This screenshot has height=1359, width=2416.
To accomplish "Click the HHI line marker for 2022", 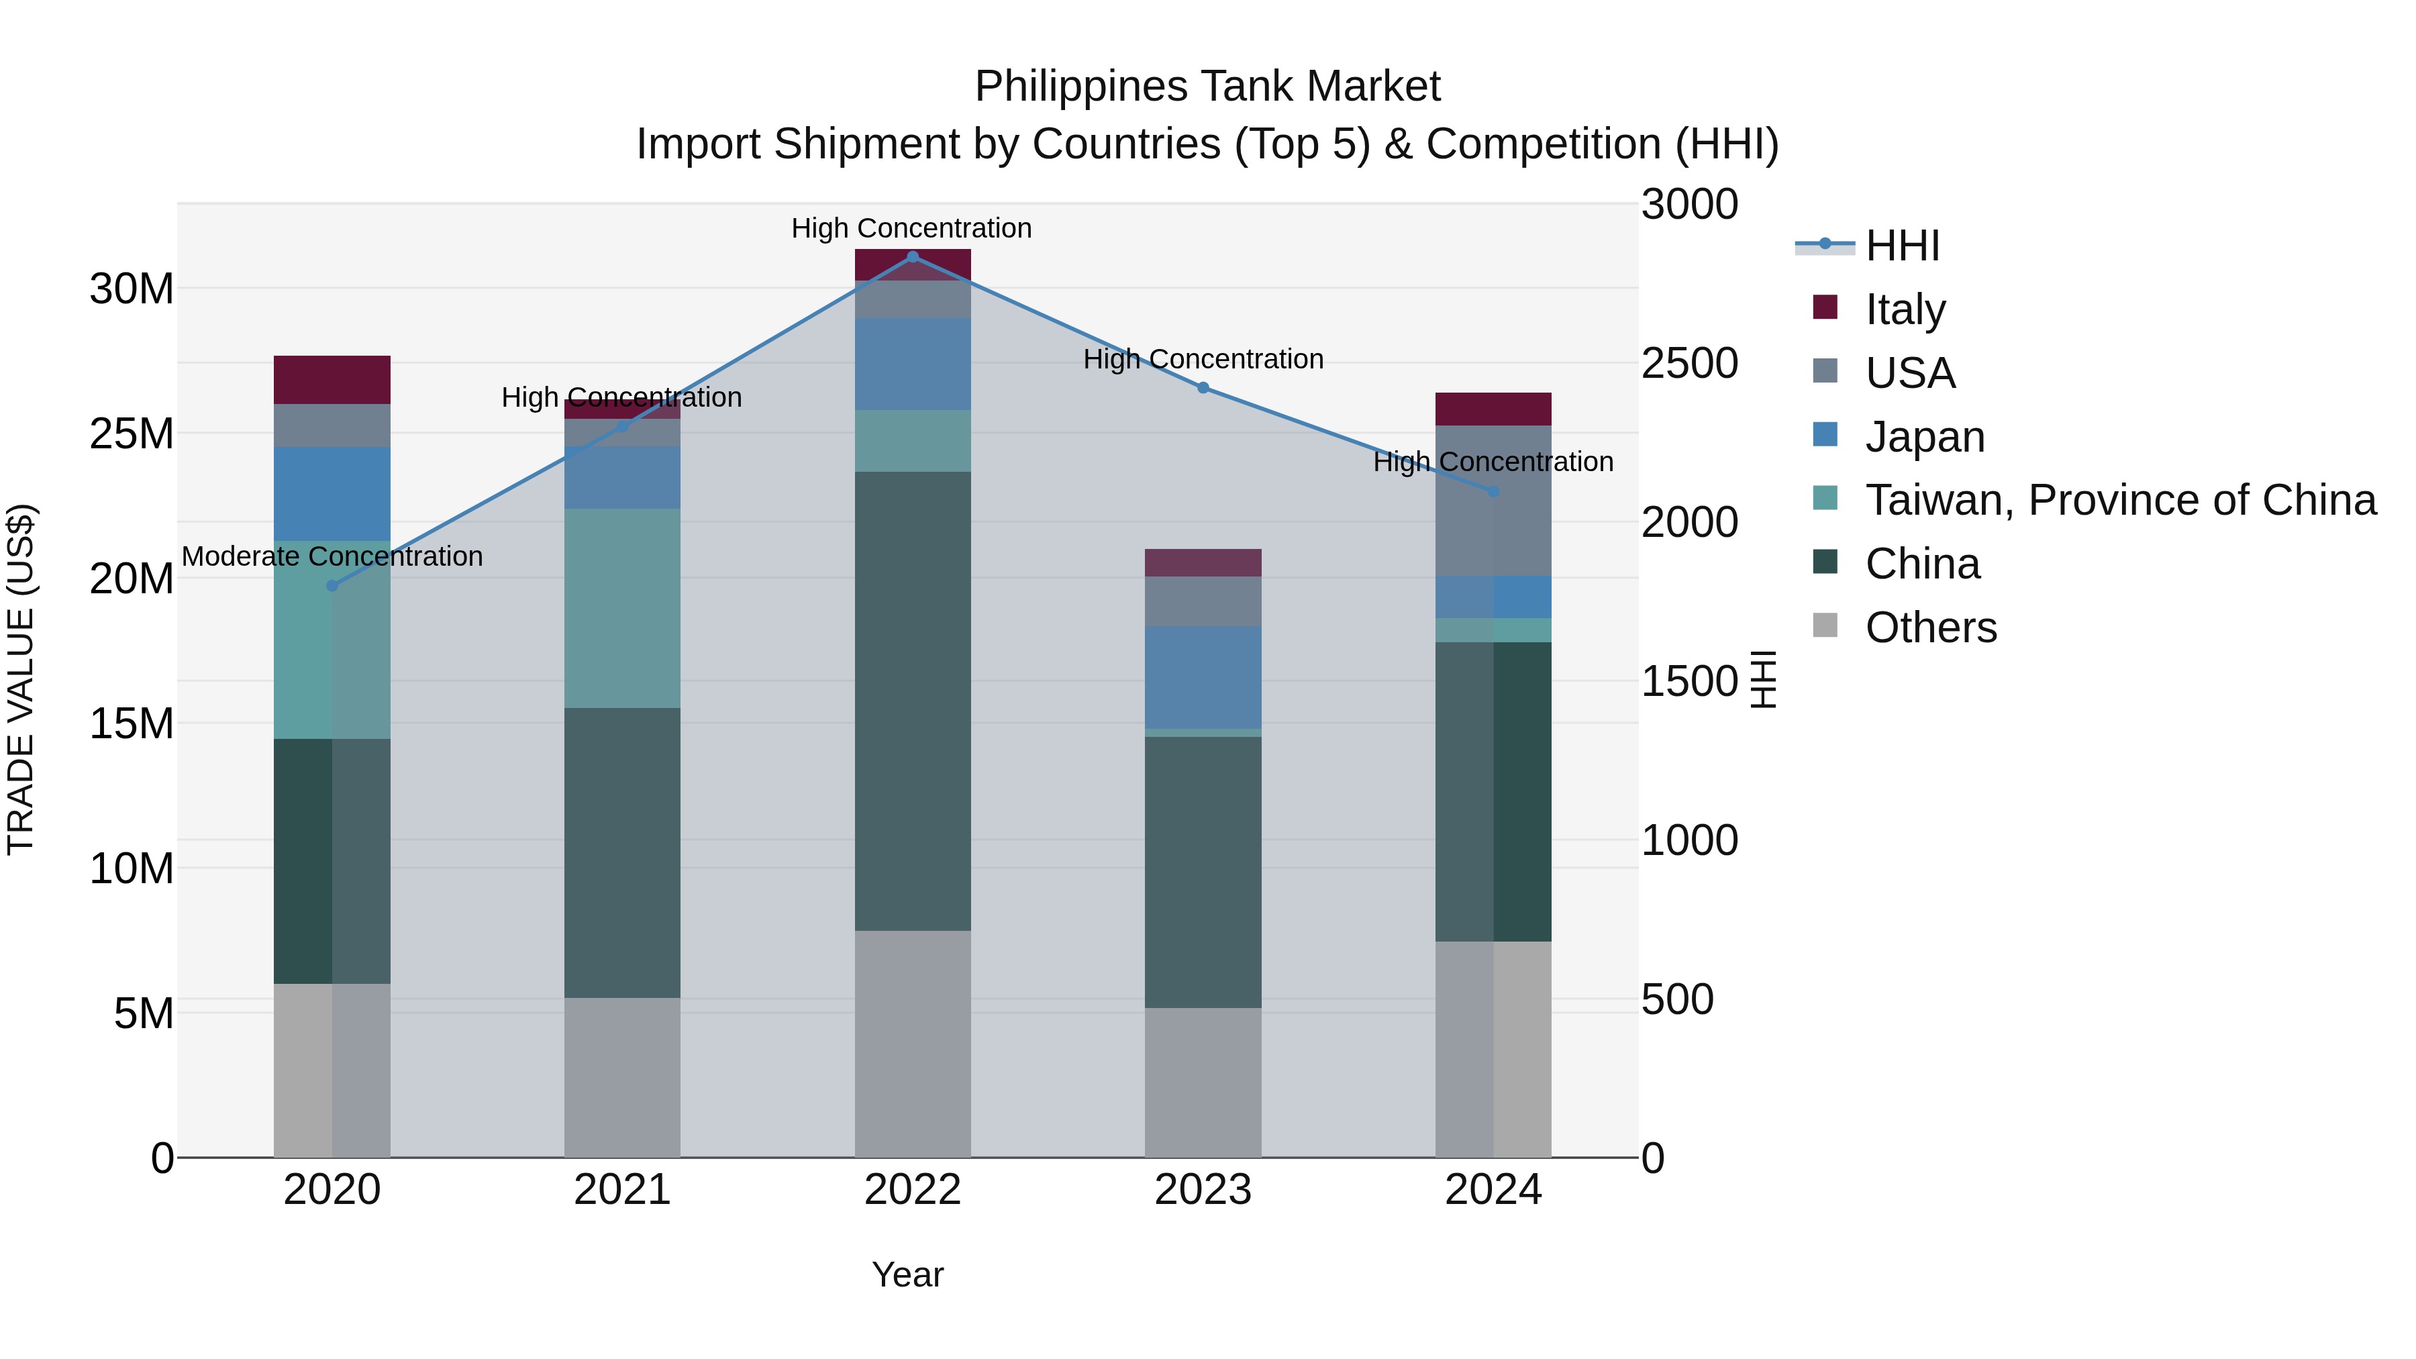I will tap(913, 257).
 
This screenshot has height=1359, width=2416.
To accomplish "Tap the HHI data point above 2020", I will tap(332, 586).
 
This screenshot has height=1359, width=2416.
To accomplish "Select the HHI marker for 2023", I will tap(1203, 387).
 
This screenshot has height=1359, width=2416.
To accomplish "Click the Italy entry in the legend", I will tap(1905, 309).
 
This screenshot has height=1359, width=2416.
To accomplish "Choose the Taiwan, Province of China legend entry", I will tap(2119, 500).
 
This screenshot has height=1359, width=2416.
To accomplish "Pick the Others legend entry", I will tap(1930, 627).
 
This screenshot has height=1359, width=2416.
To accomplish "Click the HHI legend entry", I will tap(1902, 246).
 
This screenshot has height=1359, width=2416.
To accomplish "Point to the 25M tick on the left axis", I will tap(132, 434).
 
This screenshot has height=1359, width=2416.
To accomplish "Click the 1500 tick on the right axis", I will tap(1689, 681).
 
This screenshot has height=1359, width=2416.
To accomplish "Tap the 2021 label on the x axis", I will tap(622, 1190).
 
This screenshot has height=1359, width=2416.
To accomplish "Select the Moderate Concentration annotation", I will tap(332, 556).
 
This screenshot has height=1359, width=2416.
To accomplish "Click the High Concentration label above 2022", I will tap(911, 228).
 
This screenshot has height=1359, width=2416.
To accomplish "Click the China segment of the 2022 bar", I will tap(913, 701).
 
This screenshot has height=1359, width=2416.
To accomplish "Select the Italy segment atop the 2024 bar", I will tap(1493, 409).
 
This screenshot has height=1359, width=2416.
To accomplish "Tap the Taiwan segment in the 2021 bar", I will tap(622, 608).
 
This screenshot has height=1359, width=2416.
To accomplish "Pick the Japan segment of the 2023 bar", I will tap(1203, 677).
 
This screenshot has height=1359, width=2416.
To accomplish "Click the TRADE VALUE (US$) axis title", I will tap(21, 679).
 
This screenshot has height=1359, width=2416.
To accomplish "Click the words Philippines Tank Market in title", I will tap(1207, 87).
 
